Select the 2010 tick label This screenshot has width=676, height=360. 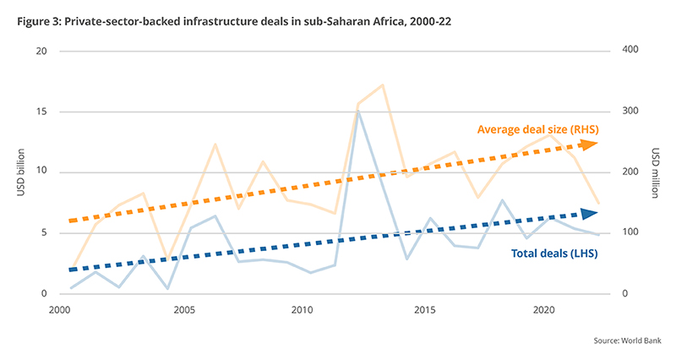(x=303, y=311)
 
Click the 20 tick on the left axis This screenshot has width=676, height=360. (x=41, y=52)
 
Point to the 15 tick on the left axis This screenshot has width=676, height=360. (x=41, y=112)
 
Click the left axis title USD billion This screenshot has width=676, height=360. (x=19, y=173)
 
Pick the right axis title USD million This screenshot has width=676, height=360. (x=656, y=173)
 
